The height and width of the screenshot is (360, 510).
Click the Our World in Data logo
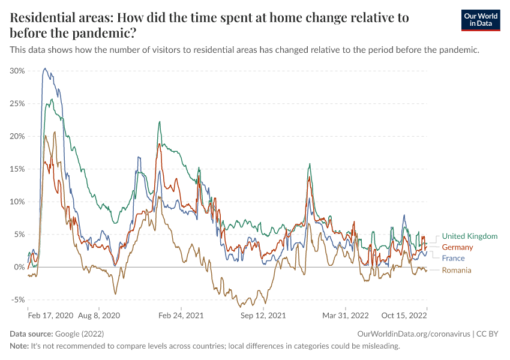click(481, 20)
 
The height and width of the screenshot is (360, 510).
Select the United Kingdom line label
click(470, 236)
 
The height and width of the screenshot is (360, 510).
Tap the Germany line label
click(457, 247)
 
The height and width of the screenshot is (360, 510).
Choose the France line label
click(453, 258)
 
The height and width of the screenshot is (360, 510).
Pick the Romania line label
click(457, 270)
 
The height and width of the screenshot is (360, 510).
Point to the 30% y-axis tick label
click(17, 71)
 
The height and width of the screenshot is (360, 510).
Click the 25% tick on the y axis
click(17, 104)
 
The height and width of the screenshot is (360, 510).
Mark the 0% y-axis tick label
click(19, 267)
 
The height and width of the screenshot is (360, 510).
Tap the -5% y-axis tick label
click(18, 299)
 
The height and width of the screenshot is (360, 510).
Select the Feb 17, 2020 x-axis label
click(51, 316)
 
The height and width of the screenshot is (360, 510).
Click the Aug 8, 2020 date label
click(99, 316)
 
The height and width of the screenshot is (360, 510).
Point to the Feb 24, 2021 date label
click(181, 316)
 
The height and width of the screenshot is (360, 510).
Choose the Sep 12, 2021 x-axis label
click(263, 316)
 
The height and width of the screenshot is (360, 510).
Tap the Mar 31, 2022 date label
click(346, 316)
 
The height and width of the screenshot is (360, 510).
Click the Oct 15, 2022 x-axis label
click(404, 316)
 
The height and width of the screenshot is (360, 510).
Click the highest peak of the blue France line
click(45, 68)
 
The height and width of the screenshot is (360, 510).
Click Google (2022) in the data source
click(79, 334)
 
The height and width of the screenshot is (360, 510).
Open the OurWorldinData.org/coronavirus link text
click(414, 334)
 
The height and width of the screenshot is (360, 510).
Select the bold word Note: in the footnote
click(19, 346)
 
